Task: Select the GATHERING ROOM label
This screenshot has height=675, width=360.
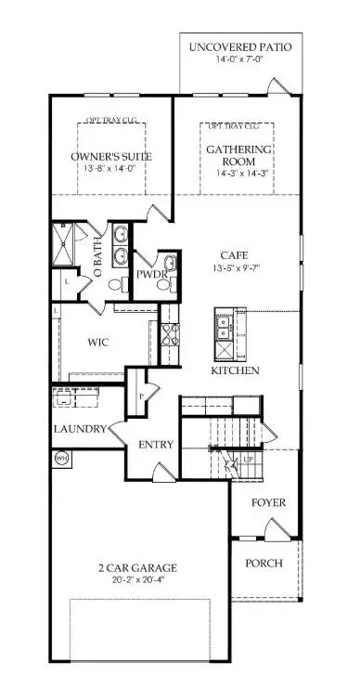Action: pyautogui.click(x=238, y=155)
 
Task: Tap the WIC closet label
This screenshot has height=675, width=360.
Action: pyautogui.click(x=98, y=342)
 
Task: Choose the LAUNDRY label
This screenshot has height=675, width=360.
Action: pyautogui.click(x=79, y=429)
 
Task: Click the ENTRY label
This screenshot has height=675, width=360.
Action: pyautogui.click(x=157, y=445)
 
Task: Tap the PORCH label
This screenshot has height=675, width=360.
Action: pyautogui.click(x=264, y=564)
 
